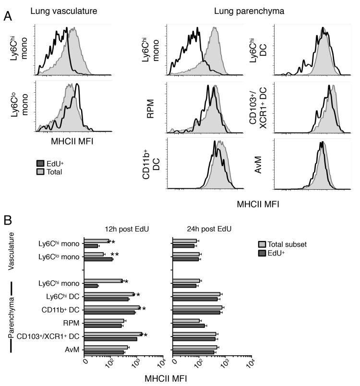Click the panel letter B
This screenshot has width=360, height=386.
[8, 220]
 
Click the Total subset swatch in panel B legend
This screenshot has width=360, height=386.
[263, 244]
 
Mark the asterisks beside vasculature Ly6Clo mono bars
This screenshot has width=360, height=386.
[114, 254]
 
